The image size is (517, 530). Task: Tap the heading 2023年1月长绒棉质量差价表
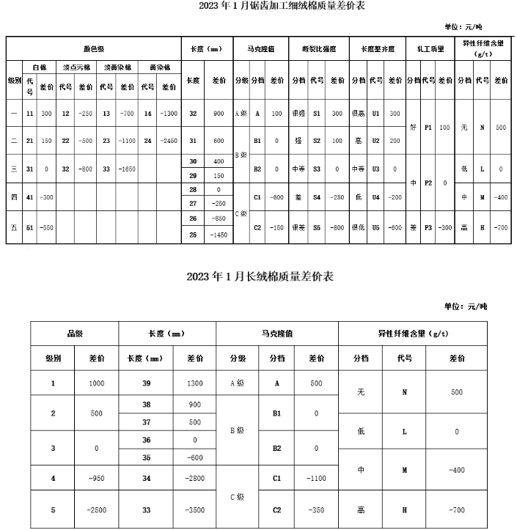coord(260,276)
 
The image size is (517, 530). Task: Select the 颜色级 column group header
coord(95,49)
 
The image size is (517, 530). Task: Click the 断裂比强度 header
coord(318,49)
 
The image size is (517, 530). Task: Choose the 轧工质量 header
coord(429,49)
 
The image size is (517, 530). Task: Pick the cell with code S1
coord(317,114)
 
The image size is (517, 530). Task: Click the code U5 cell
coord(375,227)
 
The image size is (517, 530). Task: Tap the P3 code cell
coord(428,227)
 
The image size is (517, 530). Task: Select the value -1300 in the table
coord(169,114)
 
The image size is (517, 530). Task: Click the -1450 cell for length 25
coord(219,235)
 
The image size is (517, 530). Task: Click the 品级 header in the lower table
coord(74,333)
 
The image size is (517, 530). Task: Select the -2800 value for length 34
coord(195,479)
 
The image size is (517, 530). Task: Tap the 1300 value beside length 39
coord(195,383)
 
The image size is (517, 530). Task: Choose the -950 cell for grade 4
coord(97,479)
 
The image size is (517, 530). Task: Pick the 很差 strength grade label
coord(298,227)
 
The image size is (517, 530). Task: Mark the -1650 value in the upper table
coord(129,169)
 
